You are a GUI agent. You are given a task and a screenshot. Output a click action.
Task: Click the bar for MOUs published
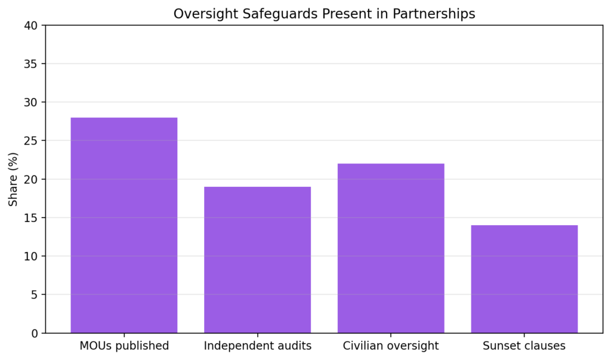pyautogui.click(x=124, y=225)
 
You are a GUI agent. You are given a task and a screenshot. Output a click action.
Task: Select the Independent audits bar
pyautogui.click(x=257, y=260)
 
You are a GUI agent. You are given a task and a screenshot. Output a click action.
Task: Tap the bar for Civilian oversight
pyautogui.click(x=391, y=248)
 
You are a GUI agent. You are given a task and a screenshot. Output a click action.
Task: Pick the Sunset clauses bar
pyautogui.click(x=524, y=279)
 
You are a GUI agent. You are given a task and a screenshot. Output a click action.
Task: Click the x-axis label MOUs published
pyautogui.click(x=124, y=346)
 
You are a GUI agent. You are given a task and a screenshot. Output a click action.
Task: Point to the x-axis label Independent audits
pyautogui.click(x=257, y=346)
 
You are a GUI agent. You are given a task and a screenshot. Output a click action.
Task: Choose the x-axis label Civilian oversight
pyautogui.click(x=391, y=346)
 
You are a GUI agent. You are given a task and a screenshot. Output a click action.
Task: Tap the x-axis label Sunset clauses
pyautogui.click(x=524, y=346)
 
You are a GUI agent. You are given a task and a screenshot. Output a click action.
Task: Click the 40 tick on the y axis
pyautogui.click(x=31, y=26)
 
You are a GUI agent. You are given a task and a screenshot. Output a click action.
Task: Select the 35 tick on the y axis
pyautogui.click(x=31, y=64)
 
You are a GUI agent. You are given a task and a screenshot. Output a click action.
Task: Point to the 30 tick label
pyautogui.click(x=31, y=103)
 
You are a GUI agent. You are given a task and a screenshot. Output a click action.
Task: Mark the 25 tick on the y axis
pyautogui.click(x=31, y=141)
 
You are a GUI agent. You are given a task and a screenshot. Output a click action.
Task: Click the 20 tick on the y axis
pyautogui.click(x=31, y=179)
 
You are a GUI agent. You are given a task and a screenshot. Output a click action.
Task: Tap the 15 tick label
pyautogui.click(x=31, y=218)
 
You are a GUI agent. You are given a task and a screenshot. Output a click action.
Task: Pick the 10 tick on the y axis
pyautogui.click(x=31, y=256)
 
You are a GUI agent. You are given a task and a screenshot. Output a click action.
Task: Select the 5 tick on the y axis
pyautogui.click(x=34, y=295)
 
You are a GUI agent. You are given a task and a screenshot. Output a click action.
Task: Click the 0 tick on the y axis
pyautogui.click(x=34, y=333)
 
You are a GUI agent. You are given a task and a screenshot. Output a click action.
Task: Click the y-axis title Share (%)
pyautogui.click(x=13, y=179)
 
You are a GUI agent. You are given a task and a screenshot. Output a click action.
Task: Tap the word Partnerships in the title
pyautogui.click(x=434, y=14)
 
